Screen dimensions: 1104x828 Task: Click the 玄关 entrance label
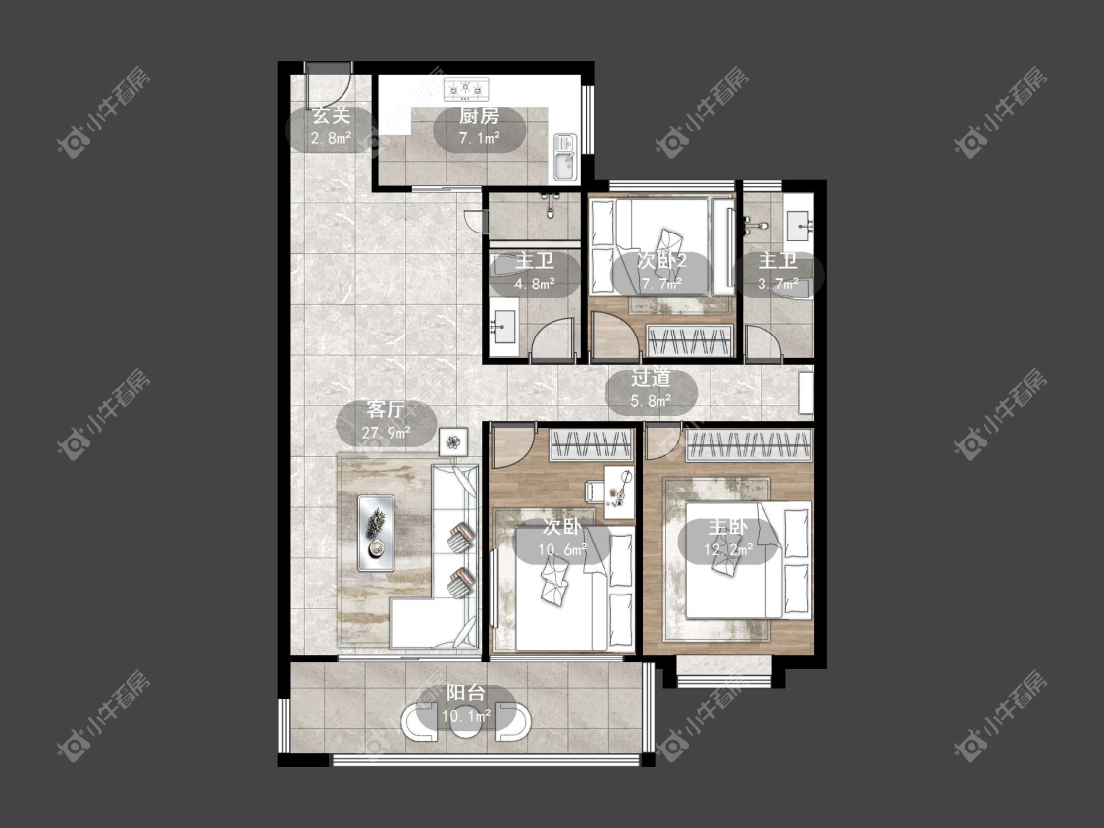(331, 115)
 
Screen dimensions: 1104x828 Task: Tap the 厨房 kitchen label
(479, 116)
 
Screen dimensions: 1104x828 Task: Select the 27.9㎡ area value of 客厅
(386, 432)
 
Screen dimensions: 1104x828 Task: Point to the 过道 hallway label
(651, 378)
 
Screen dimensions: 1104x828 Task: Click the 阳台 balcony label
(466, 694)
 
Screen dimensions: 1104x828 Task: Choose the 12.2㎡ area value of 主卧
(728, 550)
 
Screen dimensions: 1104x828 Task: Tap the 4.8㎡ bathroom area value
(535, 285)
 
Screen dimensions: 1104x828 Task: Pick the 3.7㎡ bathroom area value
(778, 285)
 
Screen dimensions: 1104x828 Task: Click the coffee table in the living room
(376, 533)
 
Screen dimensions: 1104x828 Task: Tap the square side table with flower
(453, 442)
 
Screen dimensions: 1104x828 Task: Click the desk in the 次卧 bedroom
(618, 492)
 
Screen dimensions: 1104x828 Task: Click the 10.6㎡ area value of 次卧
(562, 550)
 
